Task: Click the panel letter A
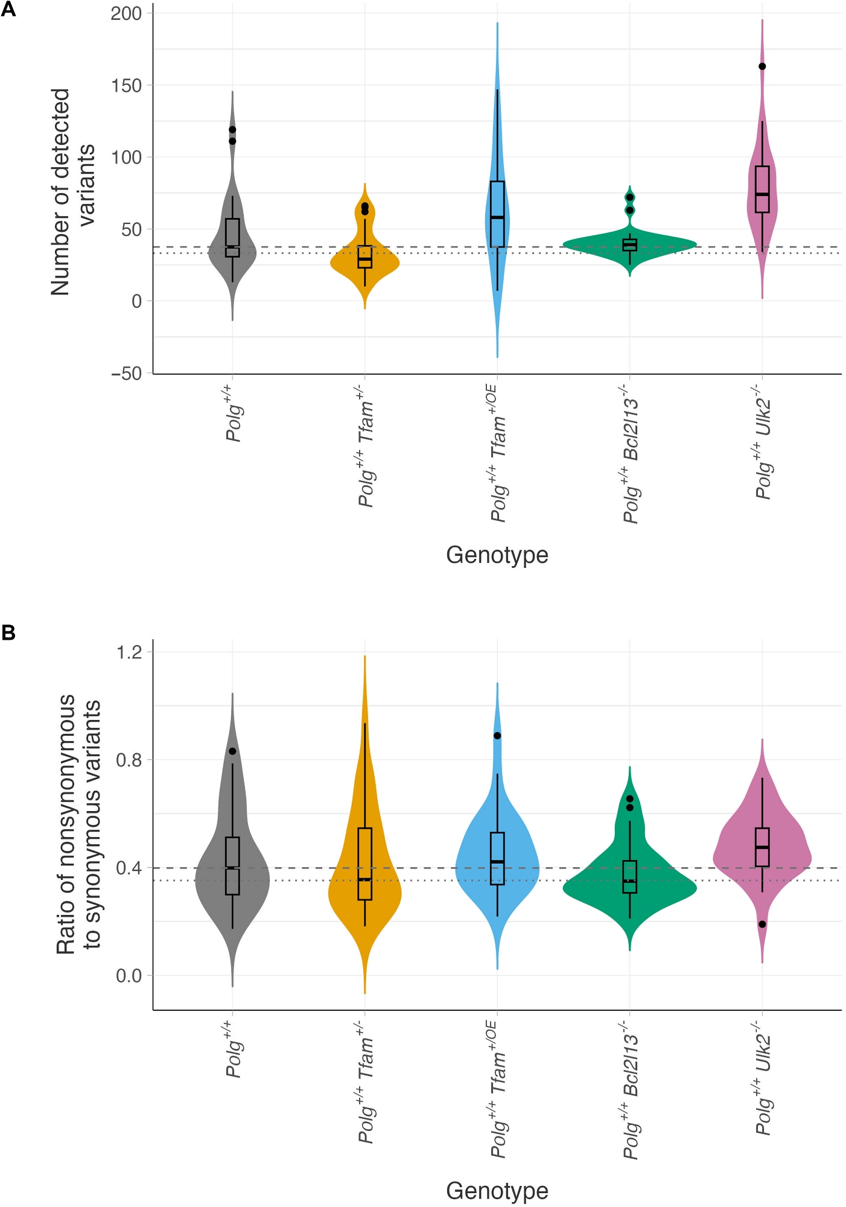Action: (8, 10)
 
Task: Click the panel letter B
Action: (8, 632)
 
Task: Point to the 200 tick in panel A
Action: (126, 13)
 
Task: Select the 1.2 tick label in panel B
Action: (129, 652)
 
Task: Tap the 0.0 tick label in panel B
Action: (129, 975)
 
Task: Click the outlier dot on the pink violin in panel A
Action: (762, 66)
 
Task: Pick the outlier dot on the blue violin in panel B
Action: (497, 736)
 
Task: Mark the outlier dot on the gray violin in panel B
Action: (232, 751)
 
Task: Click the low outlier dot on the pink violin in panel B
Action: (762, 924)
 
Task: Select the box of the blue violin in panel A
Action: (497, 214)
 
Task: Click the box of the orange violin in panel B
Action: (364, 864)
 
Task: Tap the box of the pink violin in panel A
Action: (762, 189)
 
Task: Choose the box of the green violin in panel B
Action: (629, 877)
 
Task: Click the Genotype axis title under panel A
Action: (497, 555)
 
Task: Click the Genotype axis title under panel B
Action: (497, 1191)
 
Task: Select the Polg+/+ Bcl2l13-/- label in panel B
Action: (631, 1096)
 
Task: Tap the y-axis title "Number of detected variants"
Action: (72, 192)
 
